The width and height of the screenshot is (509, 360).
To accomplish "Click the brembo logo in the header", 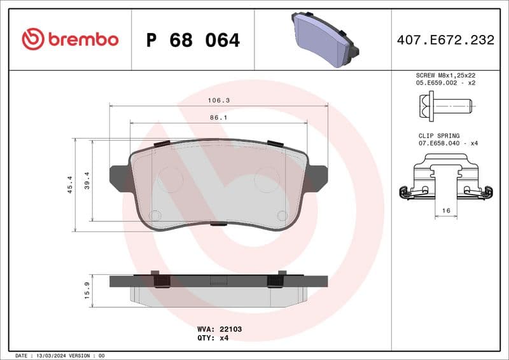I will (x=70, y=39).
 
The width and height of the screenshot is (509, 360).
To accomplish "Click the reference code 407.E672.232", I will (x=445, y=40).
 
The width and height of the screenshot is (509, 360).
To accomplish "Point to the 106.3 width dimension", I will (x=218, y=100).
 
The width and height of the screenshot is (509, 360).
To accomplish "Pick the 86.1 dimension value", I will (x=218, y=118).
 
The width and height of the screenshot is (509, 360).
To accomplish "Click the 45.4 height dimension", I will (x=70, y=184).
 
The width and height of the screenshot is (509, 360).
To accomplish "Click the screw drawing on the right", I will (x=445, y=104).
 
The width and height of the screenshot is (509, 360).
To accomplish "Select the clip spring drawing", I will (x=445, y=182).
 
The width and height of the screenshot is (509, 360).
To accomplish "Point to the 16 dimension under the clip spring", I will (x=446, y=210).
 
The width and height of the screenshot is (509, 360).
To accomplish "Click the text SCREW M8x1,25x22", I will (x=445, y=75).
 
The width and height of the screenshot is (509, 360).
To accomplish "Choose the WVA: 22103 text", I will (x=220, y=329).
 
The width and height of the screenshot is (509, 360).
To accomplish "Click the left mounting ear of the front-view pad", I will (x=119, y=178).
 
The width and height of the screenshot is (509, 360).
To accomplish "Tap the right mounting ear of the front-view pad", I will (x=317, y=178).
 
